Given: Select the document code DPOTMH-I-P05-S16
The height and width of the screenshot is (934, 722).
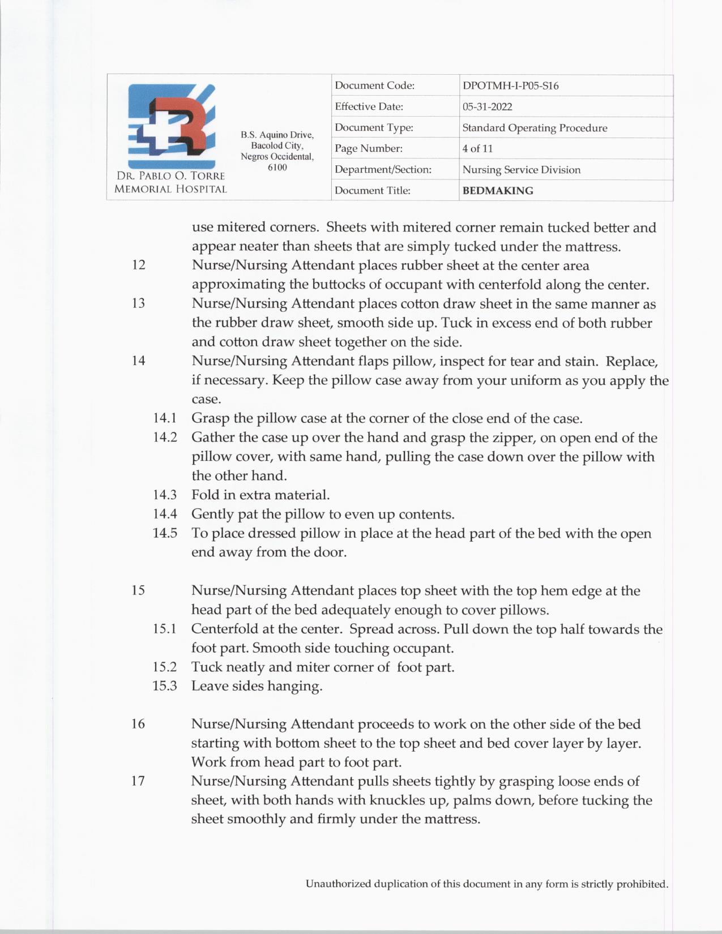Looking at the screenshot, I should tap(510, 86).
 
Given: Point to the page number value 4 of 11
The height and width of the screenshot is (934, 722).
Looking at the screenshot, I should tap(477, 149).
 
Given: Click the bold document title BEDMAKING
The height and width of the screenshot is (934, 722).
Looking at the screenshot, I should tap(498, 191).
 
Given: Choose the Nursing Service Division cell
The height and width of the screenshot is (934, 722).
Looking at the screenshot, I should tap(521, 170).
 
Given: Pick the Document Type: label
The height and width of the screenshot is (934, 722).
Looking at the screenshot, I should tap(374, 128).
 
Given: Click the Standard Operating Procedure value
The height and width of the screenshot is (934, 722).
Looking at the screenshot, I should tap(535, 128).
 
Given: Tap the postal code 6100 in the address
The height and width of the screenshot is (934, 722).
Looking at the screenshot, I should tap(277, 168).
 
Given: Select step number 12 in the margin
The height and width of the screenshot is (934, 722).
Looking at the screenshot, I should tap(138, 265).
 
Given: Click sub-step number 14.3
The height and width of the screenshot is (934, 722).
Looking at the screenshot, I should tap(165, 495).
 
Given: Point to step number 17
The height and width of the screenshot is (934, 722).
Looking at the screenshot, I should tap(138, 781).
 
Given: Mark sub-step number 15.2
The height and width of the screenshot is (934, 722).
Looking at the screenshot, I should tap(165, 667).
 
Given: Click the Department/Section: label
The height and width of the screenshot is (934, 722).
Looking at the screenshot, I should tap(383, 170).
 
